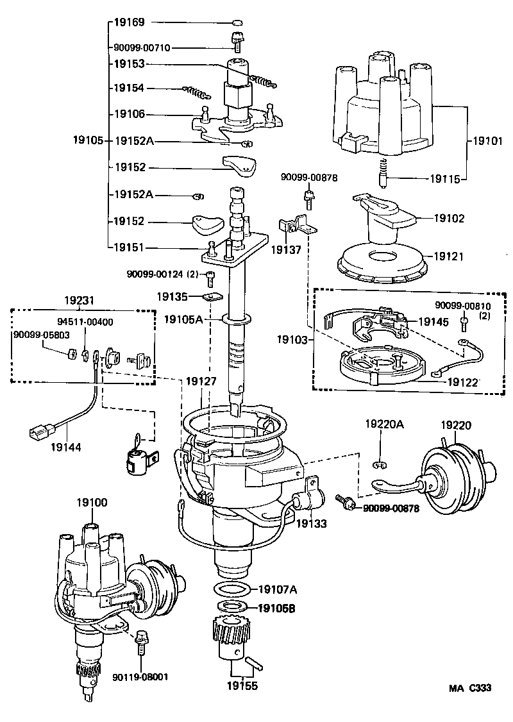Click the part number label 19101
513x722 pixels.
click(488, 139)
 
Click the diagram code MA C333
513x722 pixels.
click(469, 688)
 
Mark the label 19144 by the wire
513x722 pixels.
click(66, 446)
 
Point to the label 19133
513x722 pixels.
click(312, 524)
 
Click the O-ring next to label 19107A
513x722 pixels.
click(231, 590)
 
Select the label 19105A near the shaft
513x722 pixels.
click(185, 318)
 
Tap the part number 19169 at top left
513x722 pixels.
click(130, 22)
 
